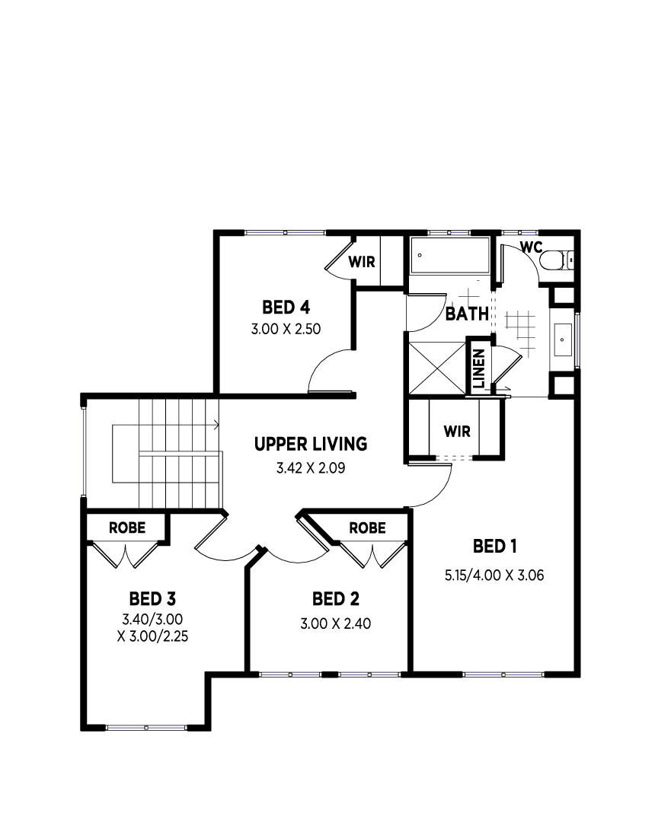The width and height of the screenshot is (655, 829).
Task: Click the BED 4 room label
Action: point(286,308)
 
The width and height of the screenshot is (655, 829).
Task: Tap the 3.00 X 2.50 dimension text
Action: point(286,329)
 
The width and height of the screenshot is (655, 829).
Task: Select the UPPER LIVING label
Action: point(311,444)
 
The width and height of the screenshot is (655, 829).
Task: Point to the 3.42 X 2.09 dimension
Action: point(311,468)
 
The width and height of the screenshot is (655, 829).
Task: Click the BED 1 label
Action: point(495,546)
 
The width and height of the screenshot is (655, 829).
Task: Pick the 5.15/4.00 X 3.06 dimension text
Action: point(494,576)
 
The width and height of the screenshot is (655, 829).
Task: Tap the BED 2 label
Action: point(335,599)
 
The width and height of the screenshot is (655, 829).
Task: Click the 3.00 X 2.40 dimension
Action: point(335,624)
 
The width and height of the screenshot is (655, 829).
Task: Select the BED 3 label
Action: point(152,599)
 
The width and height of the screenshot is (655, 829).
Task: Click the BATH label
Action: point(467,314)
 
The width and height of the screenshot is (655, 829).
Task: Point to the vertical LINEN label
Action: point(479,368)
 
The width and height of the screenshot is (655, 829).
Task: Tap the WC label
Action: point(531,247)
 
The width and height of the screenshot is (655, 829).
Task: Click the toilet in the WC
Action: point(556,260)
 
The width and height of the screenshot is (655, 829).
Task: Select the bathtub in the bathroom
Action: point(450,255)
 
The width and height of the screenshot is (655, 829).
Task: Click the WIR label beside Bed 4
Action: point(362,262)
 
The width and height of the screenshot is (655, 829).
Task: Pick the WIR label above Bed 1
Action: point(457,432)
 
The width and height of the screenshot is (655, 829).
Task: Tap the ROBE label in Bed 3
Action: point(127,528)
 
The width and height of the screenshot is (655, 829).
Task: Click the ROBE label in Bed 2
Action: point(367,528)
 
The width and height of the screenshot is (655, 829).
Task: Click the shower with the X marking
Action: point(437,368)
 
